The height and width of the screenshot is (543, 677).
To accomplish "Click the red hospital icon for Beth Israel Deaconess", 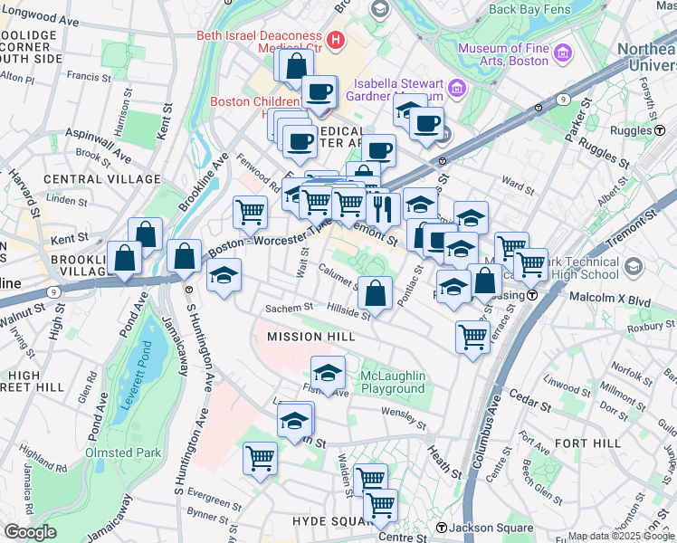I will [337, 40].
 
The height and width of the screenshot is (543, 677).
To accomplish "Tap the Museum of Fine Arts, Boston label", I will [503, 54].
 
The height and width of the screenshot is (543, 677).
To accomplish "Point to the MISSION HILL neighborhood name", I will [307, 337].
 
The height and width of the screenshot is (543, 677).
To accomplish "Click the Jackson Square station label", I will [481, 528].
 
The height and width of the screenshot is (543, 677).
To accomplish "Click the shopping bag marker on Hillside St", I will [375, 293].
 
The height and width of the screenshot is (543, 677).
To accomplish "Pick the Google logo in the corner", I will [29, 532].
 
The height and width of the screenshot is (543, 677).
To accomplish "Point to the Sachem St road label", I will [289, 309].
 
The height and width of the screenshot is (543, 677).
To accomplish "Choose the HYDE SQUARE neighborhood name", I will [327, 522].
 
